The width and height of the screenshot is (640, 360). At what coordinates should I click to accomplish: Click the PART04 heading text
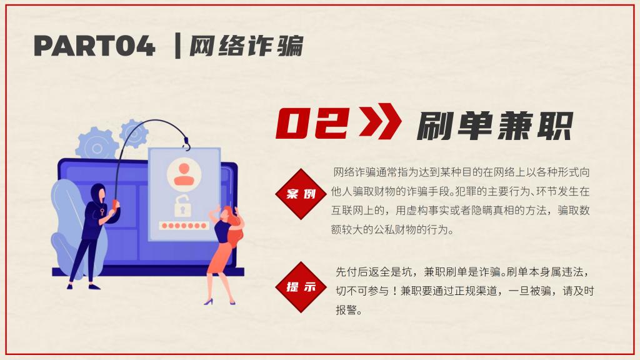[94, 45]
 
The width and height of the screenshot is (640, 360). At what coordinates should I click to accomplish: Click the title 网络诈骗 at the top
[246, 45]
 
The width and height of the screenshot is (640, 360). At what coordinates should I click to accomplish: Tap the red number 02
[313, 122]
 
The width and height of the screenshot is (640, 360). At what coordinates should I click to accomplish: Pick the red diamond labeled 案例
[301, 194]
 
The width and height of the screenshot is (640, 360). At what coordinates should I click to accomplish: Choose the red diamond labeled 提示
[301, 287]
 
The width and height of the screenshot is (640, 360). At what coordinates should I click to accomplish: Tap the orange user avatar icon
[184, 175]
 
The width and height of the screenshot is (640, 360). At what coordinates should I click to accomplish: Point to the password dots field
[184, 226]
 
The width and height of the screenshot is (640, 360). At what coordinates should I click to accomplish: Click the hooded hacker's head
[97, 194]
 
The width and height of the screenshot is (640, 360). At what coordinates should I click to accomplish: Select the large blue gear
[97, 145]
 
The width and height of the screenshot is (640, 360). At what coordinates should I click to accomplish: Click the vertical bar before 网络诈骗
[177, 45]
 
